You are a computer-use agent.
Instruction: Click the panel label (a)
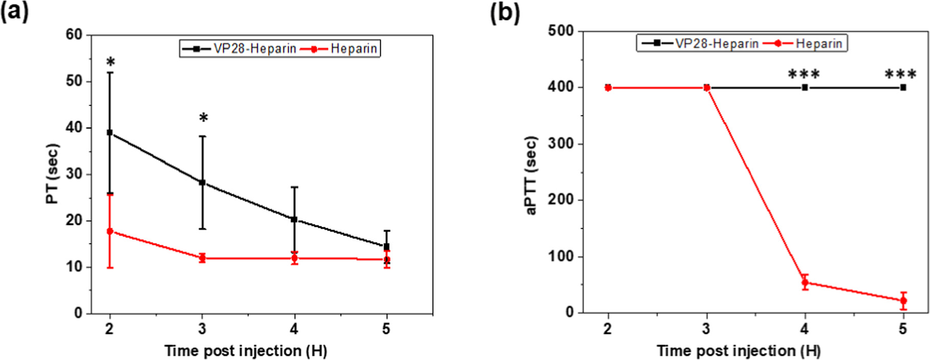[x=14, y=11]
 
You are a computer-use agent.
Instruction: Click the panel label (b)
[x=505, y=12]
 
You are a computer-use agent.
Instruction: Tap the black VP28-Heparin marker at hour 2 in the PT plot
[x=110, y=133]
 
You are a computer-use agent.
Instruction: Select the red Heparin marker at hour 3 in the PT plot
[x=202, y=258]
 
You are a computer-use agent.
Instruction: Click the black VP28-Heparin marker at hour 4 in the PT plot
[x=294, y=219]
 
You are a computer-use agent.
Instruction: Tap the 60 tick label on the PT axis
[x=74, y=35]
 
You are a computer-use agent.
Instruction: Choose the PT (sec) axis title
[x=53, y=174]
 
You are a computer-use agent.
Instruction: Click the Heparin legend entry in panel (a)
[x=353, y=49]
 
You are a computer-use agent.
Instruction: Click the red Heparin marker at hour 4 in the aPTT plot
[x=805, y=282]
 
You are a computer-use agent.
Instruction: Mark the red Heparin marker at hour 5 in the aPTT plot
[x=903, y=301]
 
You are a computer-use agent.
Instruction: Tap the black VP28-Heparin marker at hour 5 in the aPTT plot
[x=903, y=88]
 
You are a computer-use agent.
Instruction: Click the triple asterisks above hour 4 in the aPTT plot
[x=804, y=75]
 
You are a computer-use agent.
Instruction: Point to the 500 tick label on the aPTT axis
[x=561, y=31]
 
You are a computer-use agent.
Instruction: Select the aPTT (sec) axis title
[x=532, y=175]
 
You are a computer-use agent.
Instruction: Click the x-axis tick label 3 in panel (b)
[x=706, y=329]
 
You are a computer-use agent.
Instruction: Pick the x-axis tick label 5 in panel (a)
[x=386, y=329]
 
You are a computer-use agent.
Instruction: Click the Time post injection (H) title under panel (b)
[x=739, y=351]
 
